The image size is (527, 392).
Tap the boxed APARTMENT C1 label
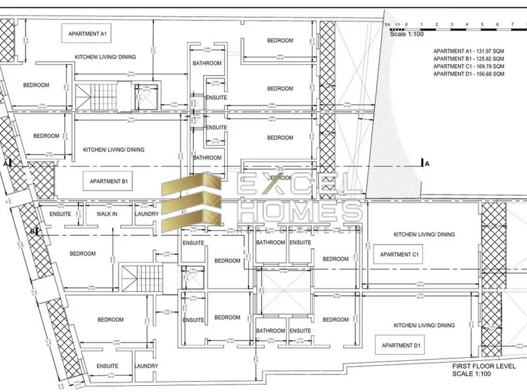[x=400, y=255]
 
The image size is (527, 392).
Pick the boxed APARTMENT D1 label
[x=401, y=346]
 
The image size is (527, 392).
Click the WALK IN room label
[x=106, y=214]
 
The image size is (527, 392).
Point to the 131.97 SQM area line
[x=469, y=51]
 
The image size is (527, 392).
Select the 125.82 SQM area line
[x=469, y=59]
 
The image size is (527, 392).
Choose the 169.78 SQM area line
[x=469, y=66]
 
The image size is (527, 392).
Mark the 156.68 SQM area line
[x=469, y=74]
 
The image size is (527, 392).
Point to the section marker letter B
[x=32, y=231]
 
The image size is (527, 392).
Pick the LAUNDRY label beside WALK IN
[x=147, y=214]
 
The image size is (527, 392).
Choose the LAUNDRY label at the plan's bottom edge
[x=147, y=366]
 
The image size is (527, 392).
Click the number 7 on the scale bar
[x=497, y=24]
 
